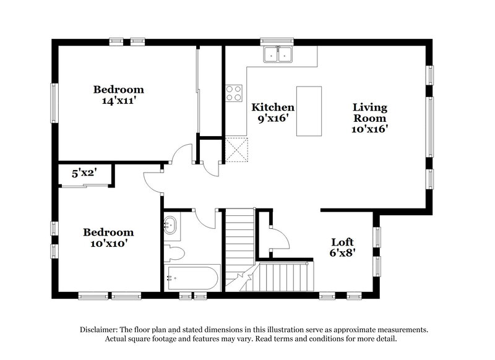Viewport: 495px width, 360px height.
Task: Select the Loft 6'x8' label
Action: click(x=342, y=247)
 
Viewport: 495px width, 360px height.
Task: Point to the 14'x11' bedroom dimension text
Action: click(x=118, y=101)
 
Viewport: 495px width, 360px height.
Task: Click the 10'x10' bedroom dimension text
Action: click(x=108, y=244)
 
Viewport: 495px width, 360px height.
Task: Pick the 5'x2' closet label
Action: click(x=84, y=174)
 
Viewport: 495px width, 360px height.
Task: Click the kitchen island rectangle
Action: click(x=309, y=111)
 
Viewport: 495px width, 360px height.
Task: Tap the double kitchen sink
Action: click(x=278, y=55)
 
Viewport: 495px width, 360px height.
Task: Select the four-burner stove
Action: click(x=234, y=93)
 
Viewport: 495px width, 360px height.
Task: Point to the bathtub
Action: click(x=192, y=277)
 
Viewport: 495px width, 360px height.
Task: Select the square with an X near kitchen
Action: click(x=236, y=149)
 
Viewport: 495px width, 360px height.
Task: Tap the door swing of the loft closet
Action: click(x=278, y=238)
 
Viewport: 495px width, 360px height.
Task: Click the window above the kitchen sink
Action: click(x=278, y=41)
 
